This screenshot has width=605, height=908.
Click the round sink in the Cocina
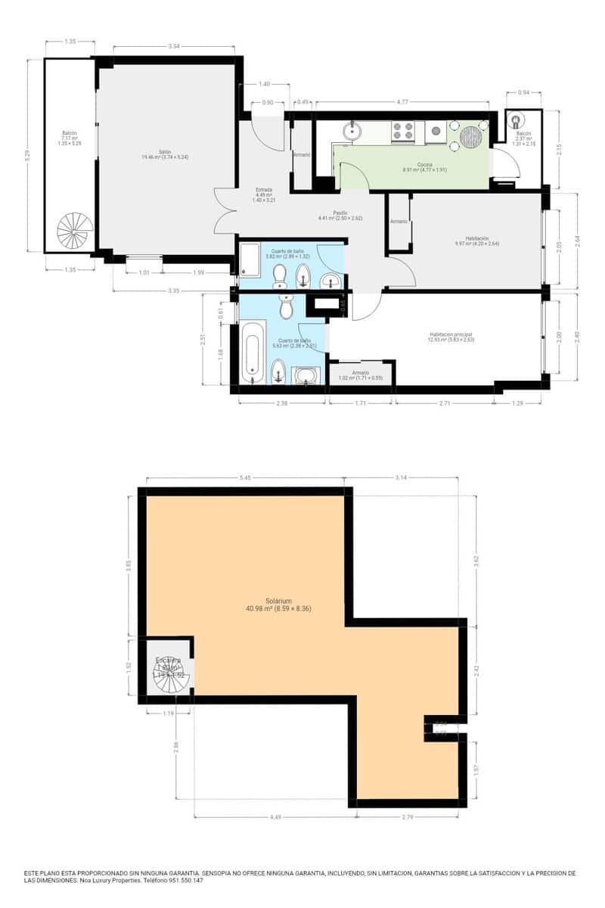point(352,132)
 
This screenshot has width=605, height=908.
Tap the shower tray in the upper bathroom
point(249,260)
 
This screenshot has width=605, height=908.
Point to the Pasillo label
point(340,213)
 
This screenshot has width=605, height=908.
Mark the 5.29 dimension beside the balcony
point(28,154)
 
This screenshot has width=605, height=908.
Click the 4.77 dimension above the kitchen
point(404,101)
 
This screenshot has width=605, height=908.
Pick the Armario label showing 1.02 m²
point(360,375)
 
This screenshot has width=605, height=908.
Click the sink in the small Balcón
point(517,120)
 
